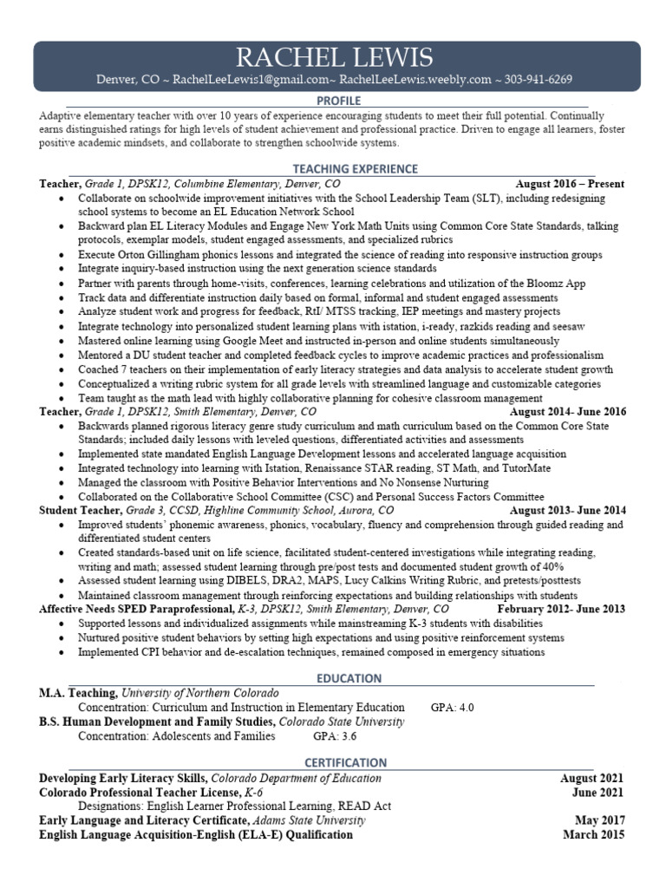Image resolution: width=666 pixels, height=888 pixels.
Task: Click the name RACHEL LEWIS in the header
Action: [334, 58]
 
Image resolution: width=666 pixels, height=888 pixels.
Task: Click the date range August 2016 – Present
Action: [570, 184]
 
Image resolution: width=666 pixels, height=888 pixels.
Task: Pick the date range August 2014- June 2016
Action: [567, 412]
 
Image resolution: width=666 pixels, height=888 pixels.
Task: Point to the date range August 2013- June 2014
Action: [567, 511]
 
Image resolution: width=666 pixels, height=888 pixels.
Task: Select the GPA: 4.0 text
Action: [453, 708]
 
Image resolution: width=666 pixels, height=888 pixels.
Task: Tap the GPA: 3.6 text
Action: [335, 736]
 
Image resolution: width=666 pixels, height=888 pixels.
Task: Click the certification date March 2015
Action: [592, 834]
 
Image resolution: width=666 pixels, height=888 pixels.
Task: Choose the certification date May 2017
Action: [598, 820]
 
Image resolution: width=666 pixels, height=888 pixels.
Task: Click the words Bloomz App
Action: [556, 283]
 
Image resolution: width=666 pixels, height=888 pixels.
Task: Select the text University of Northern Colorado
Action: [200, 693]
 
